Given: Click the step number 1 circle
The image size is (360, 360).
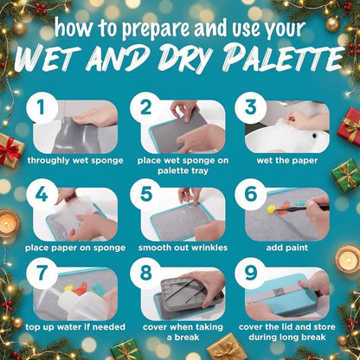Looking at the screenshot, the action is (42, 107).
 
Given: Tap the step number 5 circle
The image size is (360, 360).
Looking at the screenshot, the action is (146, 194).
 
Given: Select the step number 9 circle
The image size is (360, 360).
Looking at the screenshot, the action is (250, 273).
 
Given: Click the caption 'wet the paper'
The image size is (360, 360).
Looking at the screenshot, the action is (287, 160).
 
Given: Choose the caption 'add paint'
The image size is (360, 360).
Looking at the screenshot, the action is (287, 247).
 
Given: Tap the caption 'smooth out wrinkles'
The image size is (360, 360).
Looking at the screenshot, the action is (183, 247).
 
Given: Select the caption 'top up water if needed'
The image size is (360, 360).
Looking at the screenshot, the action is (75, 327).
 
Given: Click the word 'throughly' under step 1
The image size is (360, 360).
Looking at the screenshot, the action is (48, 160).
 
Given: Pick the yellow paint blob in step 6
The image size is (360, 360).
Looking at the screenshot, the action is (271, 209).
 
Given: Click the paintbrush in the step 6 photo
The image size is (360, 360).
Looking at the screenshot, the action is (300, 209).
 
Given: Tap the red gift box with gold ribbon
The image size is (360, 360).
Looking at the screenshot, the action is (350, 125).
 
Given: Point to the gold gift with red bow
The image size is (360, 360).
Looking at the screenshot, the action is (10, 150).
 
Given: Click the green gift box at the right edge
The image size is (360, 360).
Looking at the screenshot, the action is (346, 176).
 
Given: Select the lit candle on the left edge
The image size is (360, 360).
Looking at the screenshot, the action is (9, 223).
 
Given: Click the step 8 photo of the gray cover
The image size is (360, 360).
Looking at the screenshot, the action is (183, 293).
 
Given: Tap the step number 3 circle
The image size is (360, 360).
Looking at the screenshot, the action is (250, 107).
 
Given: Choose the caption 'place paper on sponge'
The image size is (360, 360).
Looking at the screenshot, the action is (75, 247).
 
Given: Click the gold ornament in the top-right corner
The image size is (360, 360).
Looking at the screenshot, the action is (332, 23).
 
